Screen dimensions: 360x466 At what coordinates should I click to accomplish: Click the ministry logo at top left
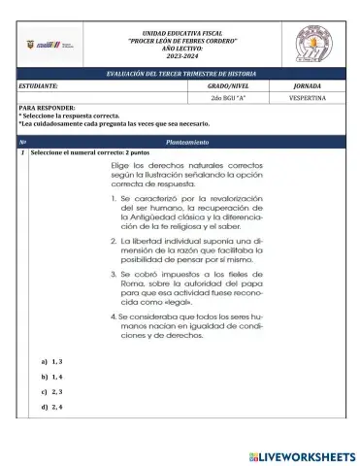coord(50,45)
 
